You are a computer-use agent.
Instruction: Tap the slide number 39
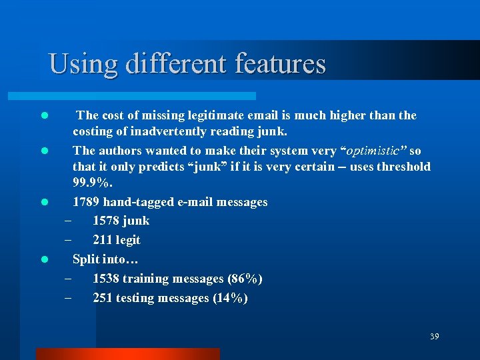tap(434, 337)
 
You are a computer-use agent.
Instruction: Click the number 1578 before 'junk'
tap(107, 221)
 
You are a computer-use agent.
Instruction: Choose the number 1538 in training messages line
tap(107, 279)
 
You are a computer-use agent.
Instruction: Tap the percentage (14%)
tap(230, 298)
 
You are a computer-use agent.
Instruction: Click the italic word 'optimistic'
tap(370, 151)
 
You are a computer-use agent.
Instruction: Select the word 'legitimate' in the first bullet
tap(217, 115)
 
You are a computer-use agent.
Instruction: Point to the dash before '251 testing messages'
tap(67, 298)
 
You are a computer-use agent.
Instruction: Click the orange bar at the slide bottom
tap(128, 353)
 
